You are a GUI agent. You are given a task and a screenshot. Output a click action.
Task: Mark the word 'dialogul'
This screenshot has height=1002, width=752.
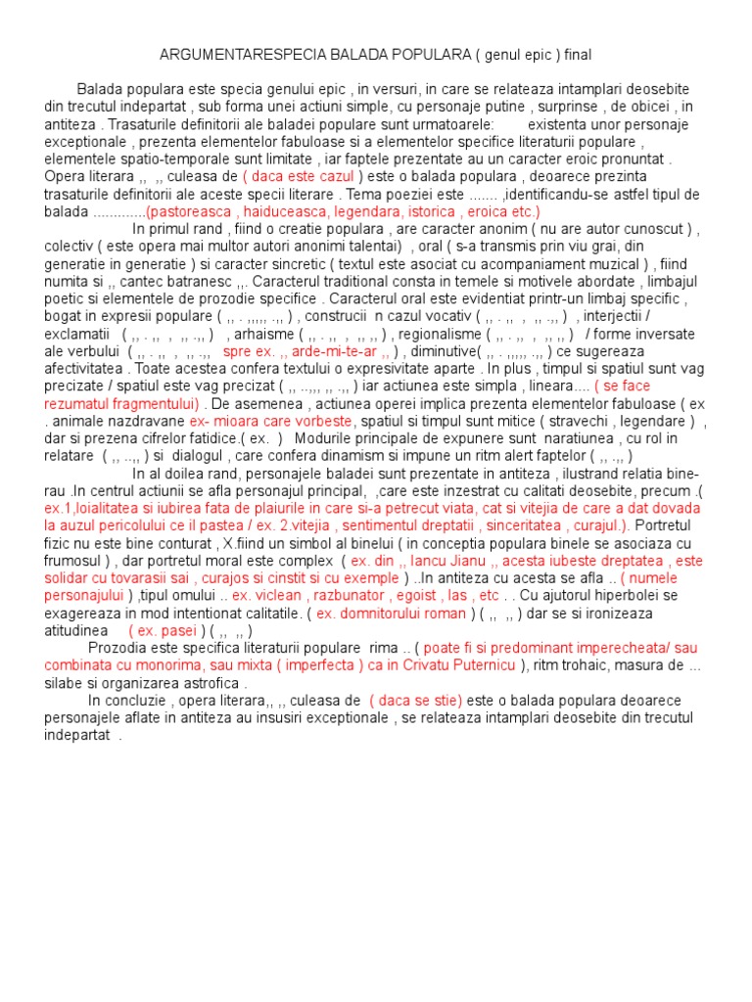[x=210, y=455]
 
